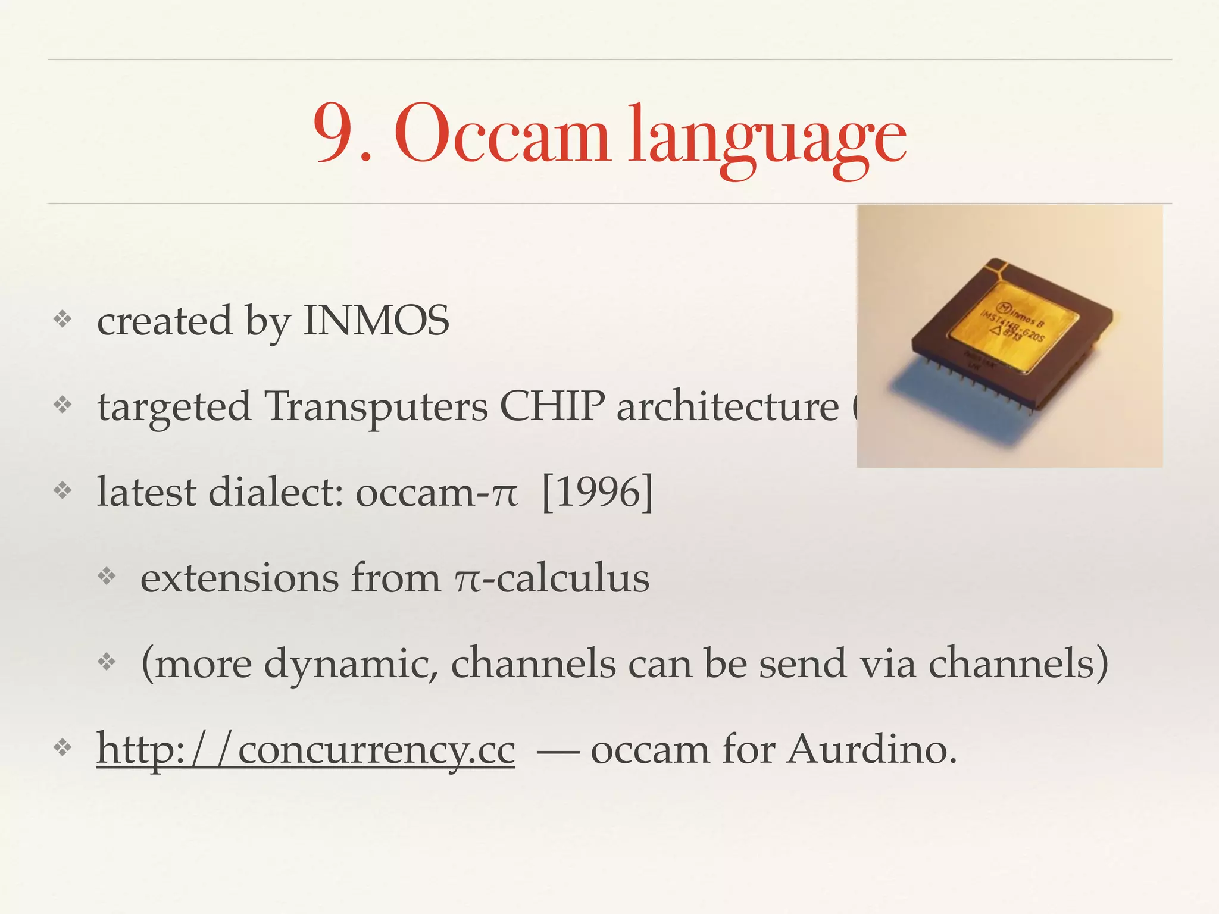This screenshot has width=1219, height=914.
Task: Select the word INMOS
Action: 376,321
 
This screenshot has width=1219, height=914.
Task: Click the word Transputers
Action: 376,407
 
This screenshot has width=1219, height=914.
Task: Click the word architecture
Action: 727,407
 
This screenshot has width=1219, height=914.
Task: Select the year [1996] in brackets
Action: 597,492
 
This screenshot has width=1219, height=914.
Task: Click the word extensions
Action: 239,578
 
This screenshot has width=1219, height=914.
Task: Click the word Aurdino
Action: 872,749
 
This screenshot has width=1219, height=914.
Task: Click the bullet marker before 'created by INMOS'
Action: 62,320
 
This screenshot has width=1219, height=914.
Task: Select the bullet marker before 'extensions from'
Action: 106,575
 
